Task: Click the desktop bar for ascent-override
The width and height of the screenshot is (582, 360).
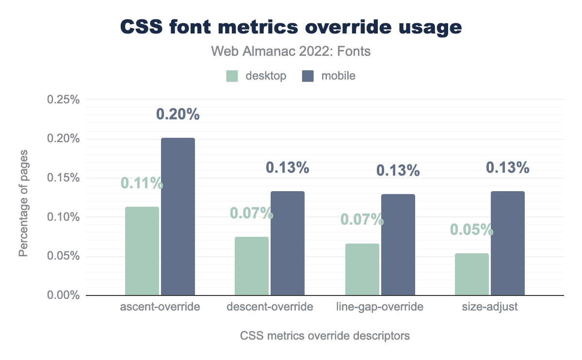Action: click(142, 251)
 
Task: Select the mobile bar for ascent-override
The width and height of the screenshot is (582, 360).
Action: click(178, 216)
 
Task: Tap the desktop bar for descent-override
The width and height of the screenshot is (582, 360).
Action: click(252, 266)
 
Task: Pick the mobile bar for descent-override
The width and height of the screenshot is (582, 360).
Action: click(288, 243)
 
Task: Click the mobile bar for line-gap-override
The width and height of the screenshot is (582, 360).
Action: click(398, 245)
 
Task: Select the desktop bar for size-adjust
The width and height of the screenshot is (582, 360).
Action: click(472, 274)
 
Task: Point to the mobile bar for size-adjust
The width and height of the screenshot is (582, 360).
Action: click(508, 243)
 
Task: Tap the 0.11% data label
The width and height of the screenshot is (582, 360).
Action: click(142, 183)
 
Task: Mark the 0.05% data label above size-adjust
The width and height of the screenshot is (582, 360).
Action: click(472, 229)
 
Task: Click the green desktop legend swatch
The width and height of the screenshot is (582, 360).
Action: click(232, 76)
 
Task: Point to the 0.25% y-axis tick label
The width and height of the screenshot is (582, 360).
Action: click(63, 100)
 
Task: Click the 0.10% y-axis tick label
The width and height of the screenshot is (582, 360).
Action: click(63, 217)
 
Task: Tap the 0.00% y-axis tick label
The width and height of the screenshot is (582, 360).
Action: click(63, 295)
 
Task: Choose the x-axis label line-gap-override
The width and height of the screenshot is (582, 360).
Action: click(380, 307)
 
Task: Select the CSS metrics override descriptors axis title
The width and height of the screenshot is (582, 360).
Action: click(325, 336)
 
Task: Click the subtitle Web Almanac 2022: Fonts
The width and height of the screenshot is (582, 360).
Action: click(291, 51)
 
